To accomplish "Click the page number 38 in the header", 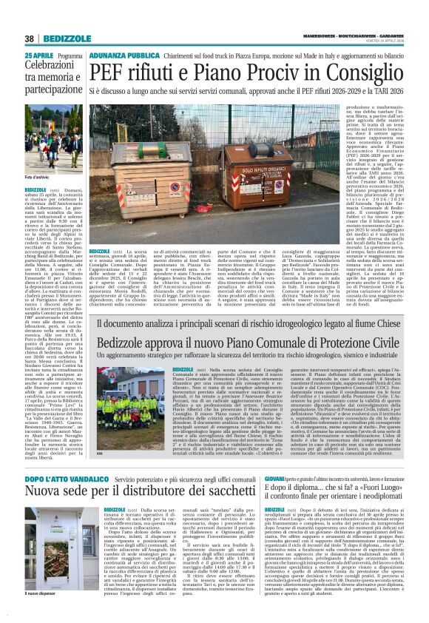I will [x=29, y=38].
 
